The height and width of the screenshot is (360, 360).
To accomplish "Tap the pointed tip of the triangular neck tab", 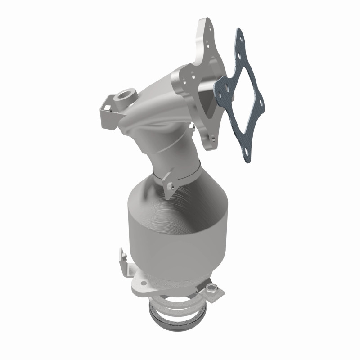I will [x=168, y=198].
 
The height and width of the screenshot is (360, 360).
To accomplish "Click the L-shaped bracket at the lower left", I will [x=121, y=261].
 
